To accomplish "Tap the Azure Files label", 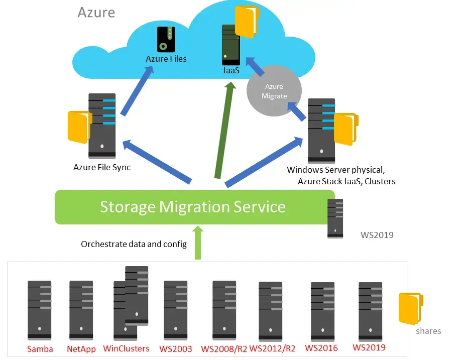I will click(x=166, y=59).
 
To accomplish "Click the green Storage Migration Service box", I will click(x=192, y=207).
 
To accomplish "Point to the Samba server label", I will click(x=40, y=349).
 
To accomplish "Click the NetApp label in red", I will click(x=81, y=349).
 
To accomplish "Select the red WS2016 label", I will click(x=321, y=348).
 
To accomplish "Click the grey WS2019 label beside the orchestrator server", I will click(x=377, y=234).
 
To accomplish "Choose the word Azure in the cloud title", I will click(x=96, y=12).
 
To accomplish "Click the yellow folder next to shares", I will click(x=410, y=308).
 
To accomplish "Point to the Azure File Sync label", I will click(x=102, y=168).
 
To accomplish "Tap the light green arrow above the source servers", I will click(x=197, y=243).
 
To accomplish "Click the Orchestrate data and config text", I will click(x=134, y=245).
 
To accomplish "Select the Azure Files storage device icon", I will click(x=165, y=39).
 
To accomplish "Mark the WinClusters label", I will click(x=126, y=348).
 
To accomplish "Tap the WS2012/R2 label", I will click(x=272, y=349).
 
